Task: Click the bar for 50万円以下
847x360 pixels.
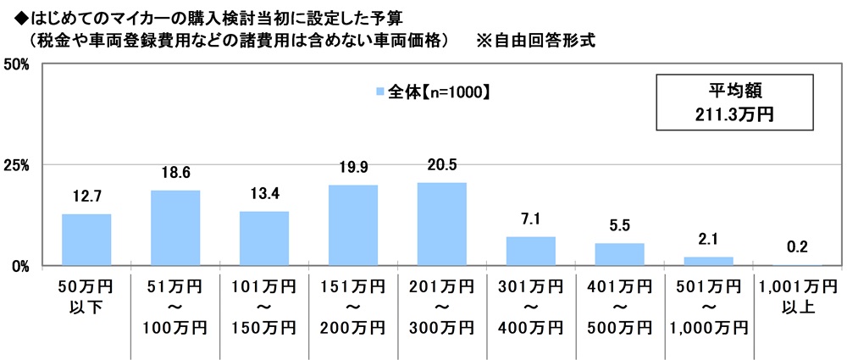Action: pyautogui.click(x=86, y=240)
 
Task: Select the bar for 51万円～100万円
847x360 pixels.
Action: pyautogui.click(x=175, y=228)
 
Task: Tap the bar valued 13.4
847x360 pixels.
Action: pyautogui.click(x=264, y=238)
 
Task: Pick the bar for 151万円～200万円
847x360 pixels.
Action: pyautogui.click(x=353, y=225)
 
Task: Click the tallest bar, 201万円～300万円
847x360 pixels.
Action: pyautogui.click(x=442, y=224)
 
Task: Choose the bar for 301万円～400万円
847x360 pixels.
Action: pyautogui.click(x=530, y=251)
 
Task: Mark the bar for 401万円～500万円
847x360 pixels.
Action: pyautogui.click(x=619, y=254)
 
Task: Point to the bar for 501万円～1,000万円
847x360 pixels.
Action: pyautogui.click(x=708, y=261)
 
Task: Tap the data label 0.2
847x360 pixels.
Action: pyautogui.click(x=797, y=248)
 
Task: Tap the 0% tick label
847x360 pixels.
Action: pyautogui.click(x=21, y=266)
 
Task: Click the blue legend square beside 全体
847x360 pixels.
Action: pyautogui.click(x=378, y=91)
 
